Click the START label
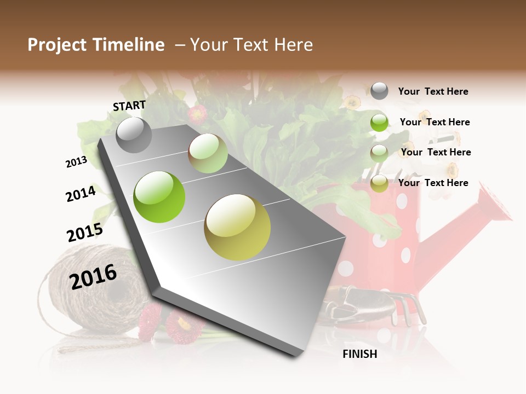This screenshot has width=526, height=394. [x=129, y=106]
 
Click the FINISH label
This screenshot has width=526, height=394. [x=360, y=354]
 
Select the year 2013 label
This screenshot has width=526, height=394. [x=76, y=162]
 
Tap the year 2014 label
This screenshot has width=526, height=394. [x=81, y=194]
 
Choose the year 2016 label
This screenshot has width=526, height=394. [x=93, y=276]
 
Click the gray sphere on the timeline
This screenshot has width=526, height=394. [x=134, y=135]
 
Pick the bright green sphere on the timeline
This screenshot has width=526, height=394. [x=159, y=197]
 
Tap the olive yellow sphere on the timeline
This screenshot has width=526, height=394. [x=237, y=227]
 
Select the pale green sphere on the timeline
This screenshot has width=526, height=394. [x=208, y=153]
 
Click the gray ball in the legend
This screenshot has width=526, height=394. [x=379, y=91]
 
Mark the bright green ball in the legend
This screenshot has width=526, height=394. [x=379, y=123]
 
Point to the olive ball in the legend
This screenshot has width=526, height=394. [x=379, y=184]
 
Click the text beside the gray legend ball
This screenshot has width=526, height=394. [x=433, y=91]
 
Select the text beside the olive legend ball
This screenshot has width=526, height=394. [x=433, y=183]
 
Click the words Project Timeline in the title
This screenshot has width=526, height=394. [x=96, y=45]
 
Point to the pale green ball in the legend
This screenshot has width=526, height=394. [x=379, y=153]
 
